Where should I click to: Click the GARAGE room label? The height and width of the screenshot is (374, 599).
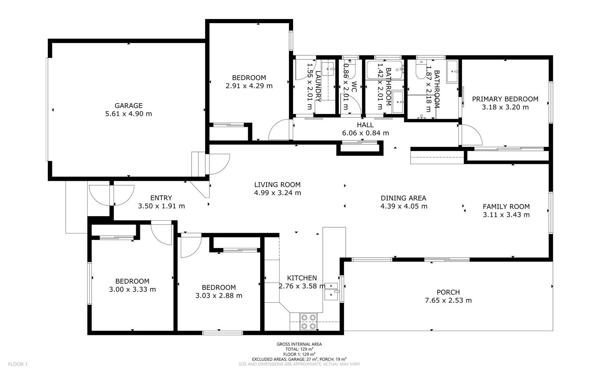[128, 106]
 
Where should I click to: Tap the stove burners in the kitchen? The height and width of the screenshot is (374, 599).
[308, 321]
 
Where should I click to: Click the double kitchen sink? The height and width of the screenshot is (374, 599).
[331, 291]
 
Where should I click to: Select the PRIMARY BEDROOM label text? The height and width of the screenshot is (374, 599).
[505, 99]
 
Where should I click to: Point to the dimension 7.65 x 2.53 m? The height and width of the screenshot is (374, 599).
[448, 300]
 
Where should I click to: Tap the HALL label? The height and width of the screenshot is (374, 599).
[365, 125]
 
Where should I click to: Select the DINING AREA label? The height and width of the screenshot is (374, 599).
[403, 198]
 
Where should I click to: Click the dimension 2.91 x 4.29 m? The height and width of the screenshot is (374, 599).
[249, 86]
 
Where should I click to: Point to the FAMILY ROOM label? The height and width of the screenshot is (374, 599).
[506, 206]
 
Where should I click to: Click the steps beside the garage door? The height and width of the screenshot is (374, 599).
[198, 164]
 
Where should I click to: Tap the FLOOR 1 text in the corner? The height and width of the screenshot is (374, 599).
[17, 364]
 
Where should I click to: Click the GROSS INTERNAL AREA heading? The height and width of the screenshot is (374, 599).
[299, 344]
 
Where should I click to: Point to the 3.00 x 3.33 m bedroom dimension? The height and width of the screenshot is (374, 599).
[132, 290]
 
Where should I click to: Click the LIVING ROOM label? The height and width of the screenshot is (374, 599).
[277, 185]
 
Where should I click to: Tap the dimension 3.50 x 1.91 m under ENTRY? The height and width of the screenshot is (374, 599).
[161, 206]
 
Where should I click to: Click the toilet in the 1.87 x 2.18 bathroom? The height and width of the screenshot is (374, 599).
[421, 71]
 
